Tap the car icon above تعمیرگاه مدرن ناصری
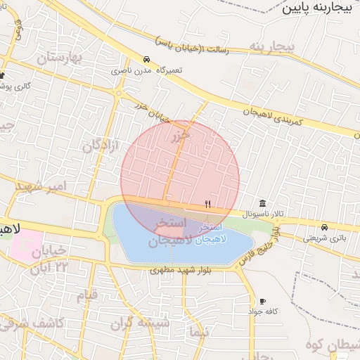[146, 60]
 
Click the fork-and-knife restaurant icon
[207, 204]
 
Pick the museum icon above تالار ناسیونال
[262, 203]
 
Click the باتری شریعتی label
[324, 238]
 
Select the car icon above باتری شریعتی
[324, 227]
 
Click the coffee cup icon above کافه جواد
[263, 301]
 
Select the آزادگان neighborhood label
[102, 146]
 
